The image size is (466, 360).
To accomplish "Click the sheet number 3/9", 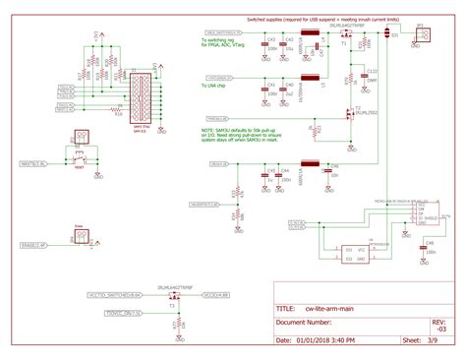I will click(433, 340).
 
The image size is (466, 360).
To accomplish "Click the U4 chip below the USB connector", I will click(354, 252).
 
